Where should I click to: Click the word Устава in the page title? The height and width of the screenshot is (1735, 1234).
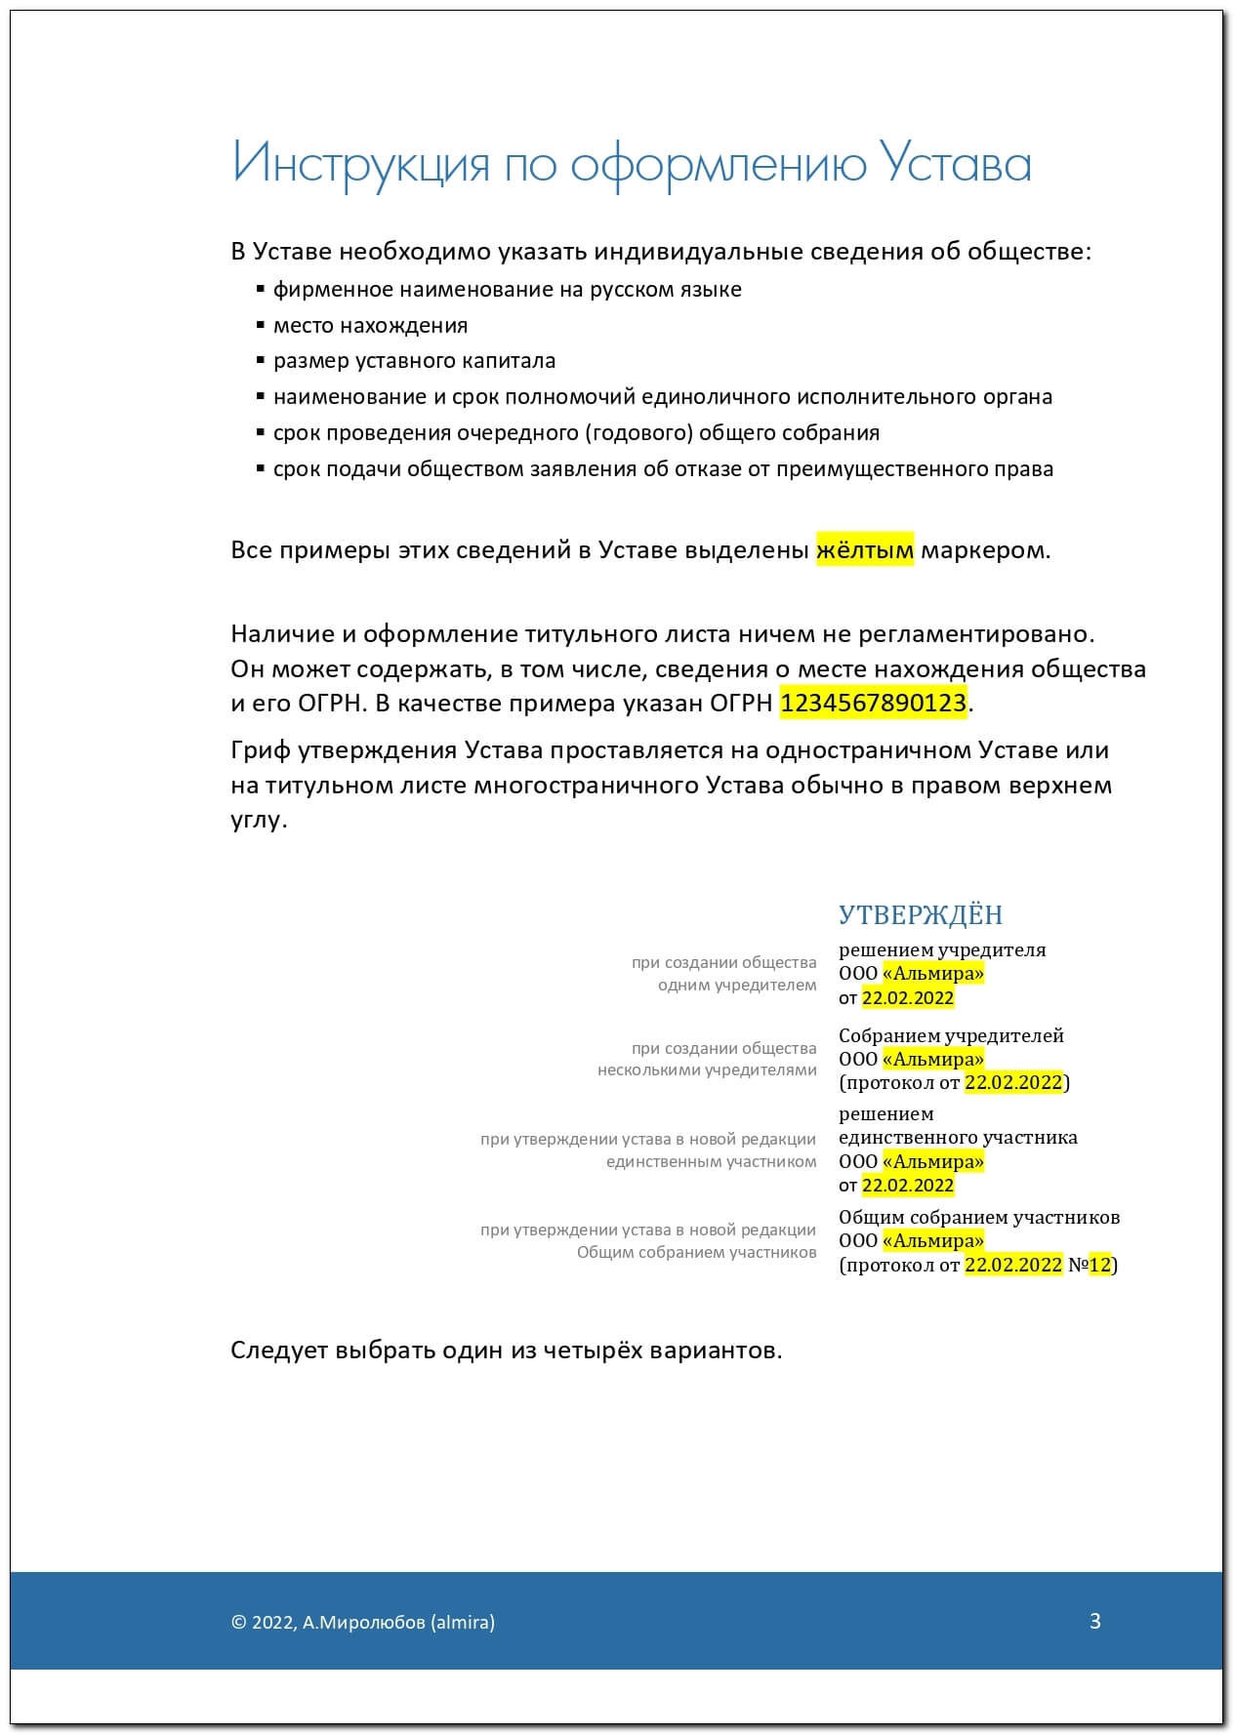pos(956,163)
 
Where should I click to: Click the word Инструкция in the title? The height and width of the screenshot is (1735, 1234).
pos(360,163)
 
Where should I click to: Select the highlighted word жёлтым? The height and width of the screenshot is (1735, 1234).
pos(865,550)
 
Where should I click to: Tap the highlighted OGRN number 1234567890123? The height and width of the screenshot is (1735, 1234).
pos(874,703)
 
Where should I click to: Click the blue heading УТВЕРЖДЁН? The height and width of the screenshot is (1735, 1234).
pos(921,914)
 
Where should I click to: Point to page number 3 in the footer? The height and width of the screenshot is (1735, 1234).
pos(1095,1621)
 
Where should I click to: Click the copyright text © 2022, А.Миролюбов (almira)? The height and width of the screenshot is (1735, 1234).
pos(363,1622)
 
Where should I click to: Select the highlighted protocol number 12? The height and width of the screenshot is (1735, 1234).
pos(1100,1265)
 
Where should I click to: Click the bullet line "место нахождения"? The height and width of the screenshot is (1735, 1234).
pos(370,325)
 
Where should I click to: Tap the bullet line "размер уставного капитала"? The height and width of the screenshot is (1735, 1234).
pos(414,361)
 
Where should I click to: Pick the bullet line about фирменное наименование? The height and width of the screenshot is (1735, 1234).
pos(507,290)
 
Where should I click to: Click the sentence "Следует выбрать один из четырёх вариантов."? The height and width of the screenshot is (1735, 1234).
pos(506,1351)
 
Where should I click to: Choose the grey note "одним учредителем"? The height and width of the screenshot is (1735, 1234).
pos(737,985)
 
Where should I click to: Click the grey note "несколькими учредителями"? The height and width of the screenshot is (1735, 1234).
pos(707,1069)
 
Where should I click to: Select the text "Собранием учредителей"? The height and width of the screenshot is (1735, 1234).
pos(951,1035)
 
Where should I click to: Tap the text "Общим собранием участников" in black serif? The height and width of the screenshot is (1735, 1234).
pos(979,1217)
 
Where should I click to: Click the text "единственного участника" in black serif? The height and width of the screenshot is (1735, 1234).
pos(958,1137)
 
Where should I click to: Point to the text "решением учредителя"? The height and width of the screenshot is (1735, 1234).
pos(942,949)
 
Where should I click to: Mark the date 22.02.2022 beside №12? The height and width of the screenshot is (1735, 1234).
pos(1012,1265)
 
